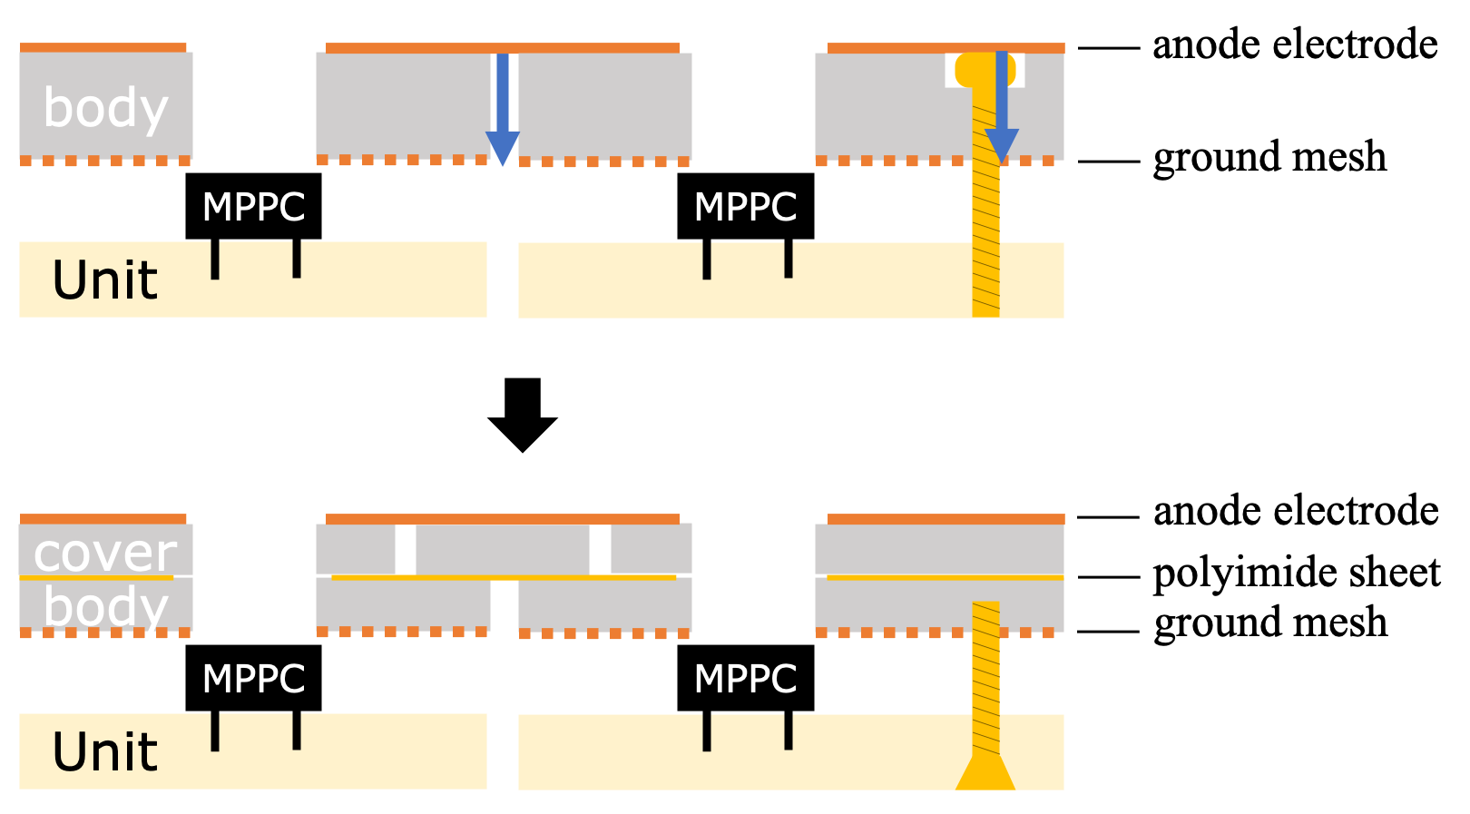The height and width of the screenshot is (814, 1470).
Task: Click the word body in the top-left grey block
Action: (x=105, y=109)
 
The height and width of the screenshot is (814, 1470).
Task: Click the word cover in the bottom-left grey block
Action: (x=104, y=553)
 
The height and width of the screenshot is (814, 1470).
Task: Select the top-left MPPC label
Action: (x=253, y=208)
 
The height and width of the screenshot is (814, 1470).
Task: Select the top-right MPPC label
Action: (x=745, y=208)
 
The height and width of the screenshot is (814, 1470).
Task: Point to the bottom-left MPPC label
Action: (x=253, y=680)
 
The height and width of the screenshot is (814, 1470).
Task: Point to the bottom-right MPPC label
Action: (x=745, y=680)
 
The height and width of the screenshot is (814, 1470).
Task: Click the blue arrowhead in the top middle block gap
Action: (x=503, y=147)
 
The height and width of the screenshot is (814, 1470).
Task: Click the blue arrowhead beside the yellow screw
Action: (x=1002, y=144)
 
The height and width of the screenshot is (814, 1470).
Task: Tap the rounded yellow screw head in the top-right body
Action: (x=985, y=70)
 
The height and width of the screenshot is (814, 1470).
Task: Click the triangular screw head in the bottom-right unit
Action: (x=985, y=773)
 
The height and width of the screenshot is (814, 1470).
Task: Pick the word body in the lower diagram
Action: (x=105, y=607)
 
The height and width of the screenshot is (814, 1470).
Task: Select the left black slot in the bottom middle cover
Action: (x=406, y=549)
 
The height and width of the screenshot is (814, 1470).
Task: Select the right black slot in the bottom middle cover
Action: (x=600, y=549)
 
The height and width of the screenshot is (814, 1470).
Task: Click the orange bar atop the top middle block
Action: (x=502, y=48)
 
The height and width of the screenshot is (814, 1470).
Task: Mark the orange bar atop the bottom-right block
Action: (x=946, y=519)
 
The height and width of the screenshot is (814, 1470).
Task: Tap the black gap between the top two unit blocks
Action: (x=503, y=280)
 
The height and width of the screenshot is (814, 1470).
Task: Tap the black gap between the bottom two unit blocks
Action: (x=503, y=751)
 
